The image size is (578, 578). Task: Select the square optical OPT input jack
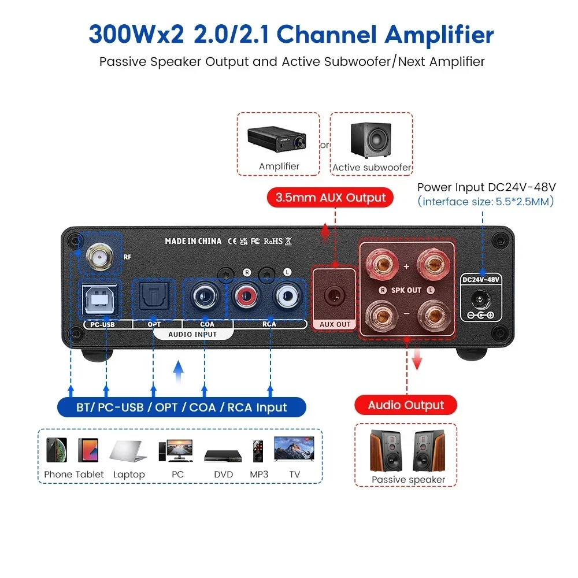(154, 299)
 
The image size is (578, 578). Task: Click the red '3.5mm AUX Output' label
(330, 198)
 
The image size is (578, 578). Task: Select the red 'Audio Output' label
(406, 405)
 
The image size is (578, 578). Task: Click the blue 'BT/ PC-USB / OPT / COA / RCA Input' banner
(181, 407)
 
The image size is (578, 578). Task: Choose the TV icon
(294, 450)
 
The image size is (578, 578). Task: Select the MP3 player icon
(258, 450)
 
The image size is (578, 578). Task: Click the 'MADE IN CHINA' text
(193, 241)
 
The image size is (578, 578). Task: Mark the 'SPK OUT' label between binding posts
(406, 290)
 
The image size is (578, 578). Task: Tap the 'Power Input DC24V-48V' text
(486, 187)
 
